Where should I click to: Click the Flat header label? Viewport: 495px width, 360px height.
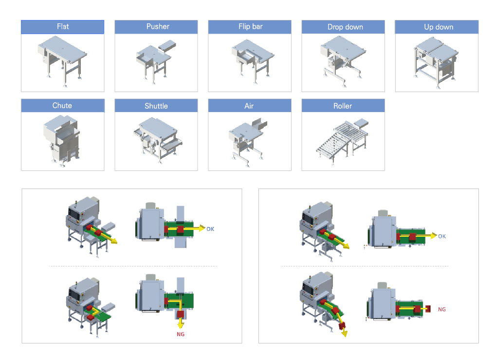(62, 27)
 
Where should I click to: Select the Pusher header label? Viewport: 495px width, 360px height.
(156, 27)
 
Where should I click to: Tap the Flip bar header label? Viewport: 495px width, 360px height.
(249, 27)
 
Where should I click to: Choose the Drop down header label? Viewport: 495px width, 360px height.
(343, 27)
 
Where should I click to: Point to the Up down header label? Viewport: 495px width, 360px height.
(437, 27)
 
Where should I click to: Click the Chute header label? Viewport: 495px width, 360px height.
(62, 106)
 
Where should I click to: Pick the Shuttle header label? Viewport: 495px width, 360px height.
(156, 106)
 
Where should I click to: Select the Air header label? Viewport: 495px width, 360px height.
(249, 106)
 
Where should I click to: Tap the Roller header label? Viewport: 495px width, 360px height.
(343, 106)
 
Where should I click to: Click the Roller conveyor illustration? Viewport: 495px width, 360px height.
(341, 139)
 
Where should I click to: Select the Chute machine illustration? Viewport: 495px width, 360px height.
(60, 140)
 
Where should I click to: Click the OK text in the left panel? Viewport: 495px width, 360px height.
(210, 228)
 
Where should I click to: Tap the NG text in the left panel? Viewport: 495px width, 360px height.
(181, 334)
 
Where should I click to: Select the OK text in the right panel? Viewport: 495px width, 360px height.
(442, 236)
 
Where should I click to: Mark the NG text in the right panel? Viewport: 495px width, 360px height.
(442, 309)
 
